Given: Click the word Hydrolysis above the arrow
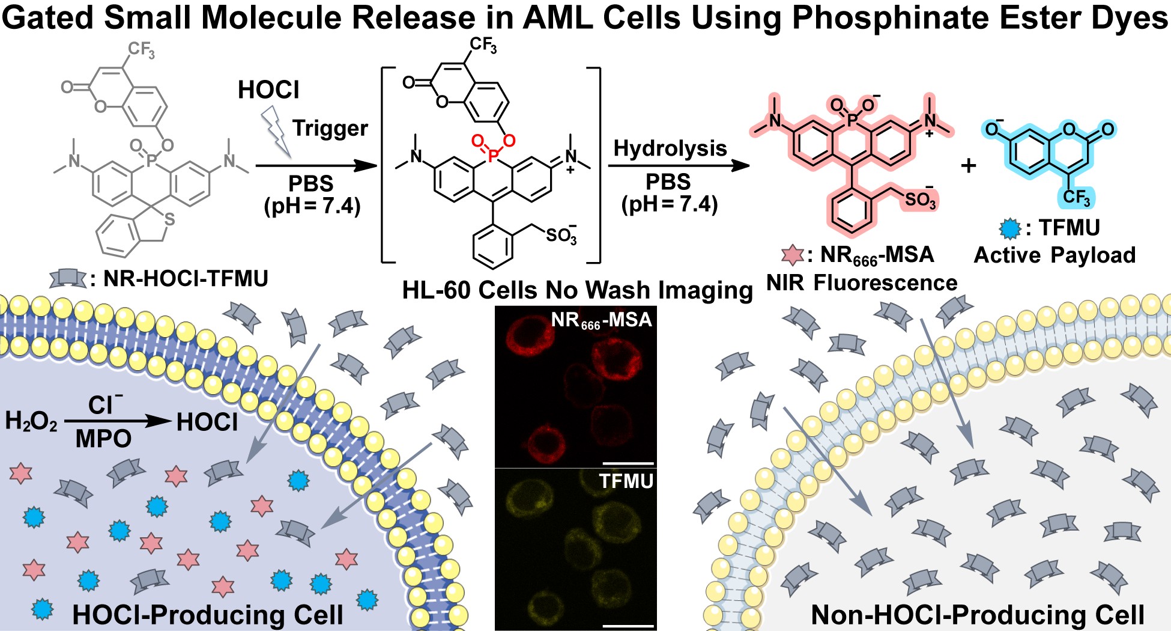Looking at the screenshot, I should click(x=670, y=148).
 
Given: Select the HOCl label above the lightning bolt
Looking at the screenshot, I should click(x=268, y=90).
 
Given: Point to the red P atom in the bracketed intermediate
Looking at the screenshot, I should click(x=493, y=157).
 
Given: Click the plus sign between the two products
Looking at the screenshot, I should click(x=968, y=165).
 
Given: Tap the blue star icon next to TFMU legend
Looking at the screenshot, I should click(x=1010, y=228).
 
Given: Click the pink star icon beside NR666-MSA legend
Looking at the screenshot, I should click(x=793, y=255).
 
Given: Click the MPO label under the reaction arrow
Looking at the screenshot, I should click(x=103, y=439).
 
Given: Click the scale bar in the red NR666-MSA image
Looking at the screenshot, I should click(x=628, y=463).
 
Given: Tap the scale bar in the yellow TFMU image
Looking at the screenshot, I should click(x=628, y=626).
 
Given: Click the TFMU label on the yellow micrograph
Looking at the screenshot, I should click(x=626, y=481).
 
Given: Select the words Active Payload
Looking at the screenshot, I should click(x=1055, y=255).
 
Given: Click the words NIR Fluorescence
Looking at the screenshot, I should click(x=862, y=282).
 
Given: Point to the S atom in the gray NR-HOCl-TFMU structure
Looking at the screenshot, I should click(x=169, y=219).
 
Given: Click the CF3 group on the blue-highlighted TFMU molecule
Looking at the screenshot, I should click(x=1076, y=197).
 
